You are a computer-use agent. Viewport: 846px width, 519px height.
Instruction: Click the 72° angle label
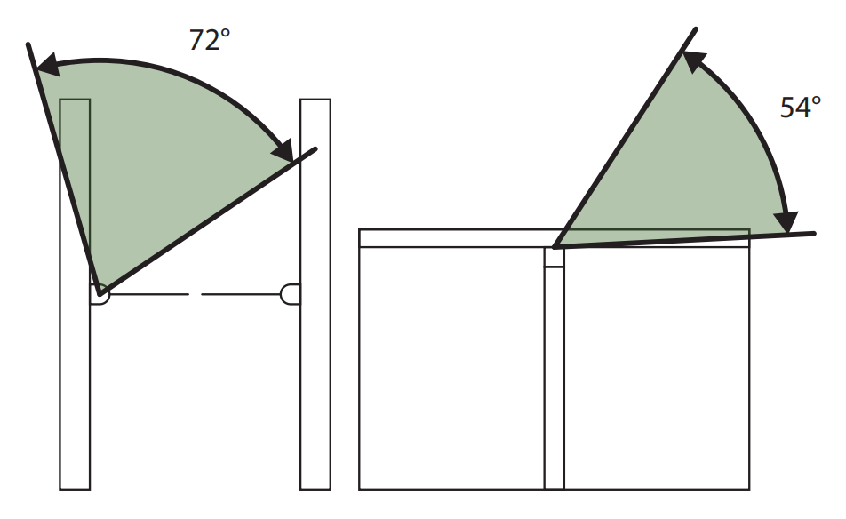[210, 41]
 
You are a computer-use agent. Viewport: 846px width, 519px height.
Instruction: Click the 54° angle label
[801, 108]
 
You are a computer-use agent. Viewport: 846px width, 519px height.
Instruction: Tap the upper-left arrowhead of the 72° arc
[47, 65]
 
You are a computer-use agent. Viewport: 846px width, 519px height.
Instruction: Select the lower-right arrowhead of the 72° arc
[283, 150]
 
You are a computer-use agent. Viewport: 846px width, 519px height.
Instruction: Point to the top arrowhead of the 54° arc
[695, 61]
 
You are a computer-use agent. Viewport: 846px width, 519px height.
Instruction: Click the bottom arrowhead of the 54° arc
[786, 222]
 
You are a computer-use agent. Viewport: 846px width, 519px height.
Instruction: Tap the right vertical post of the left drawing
[315, 294]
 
